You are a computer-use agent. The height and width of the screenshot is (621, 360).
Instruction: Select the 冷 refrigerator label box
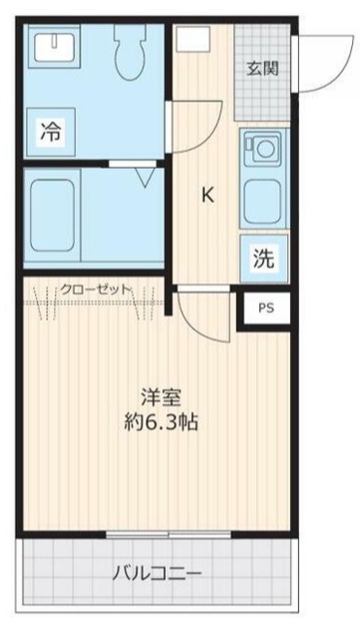pos(49,133)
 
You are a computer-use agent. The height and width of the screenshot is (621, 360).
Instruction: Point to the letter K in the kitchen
pos(207,194)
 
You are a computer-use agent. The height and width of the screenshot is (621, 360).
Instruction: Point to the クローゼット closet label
pos(95,288)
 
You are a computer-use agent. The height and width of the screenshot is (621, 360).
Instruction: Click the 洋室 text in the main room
pos(160,398)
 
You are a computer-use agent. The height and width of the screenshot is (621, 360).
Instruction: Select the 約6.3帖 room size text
pos(160,423)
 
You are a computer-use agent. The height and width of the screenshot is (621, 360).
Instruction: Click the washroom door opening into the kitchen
pos(194,126)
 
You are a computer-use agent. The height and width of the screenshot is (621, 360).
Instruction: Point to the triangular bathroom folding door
pos(144,178)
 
